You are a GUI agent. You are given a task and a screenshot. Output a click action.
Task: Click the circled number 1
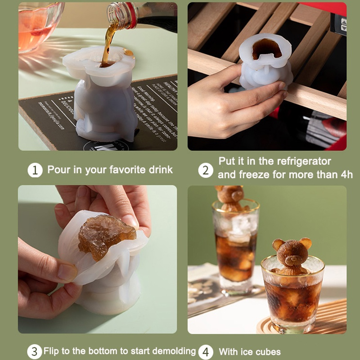click(x=35, y=170)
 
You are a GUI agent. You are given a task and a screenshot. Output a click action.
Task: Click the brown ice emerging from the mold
click(x=106, y=234)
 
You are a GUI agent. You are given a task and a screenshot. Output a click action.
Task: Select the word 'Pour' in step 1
click(x=58, y=170)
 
